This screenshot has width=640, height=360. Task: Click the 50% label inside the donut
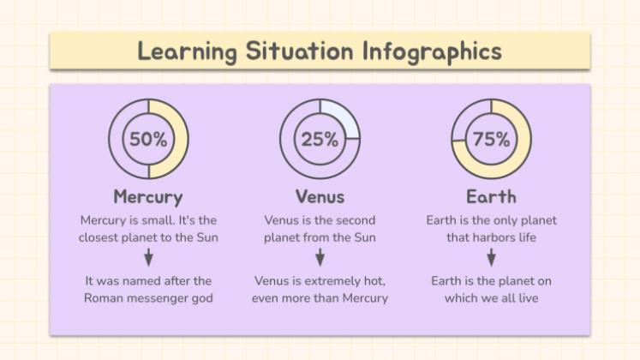point(148,139)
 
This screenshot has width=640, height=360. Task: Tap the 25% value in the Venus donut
point(320,139)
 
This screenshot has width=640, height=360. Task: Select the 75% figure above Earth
point(491,139)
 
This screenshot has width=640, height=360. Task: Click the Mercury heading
point(148,196)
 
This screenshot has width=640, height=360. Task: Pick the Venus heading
point(320,196)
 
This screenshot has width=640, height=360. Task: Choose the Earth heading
point(491,196)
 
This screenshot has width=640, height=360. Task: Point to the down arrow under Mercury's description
point(148,257)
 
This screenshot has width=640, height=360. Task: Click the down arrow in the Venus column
point(320,257)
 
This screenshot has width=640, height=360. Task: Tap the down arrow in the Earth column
point(491,257)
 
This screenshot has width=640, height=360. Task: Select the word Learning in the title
point(187,51)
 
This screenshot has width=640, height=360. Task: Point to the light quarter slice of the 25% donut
point(341,117)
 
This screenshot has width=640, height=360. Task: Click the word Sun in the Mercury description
point(206,237)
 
